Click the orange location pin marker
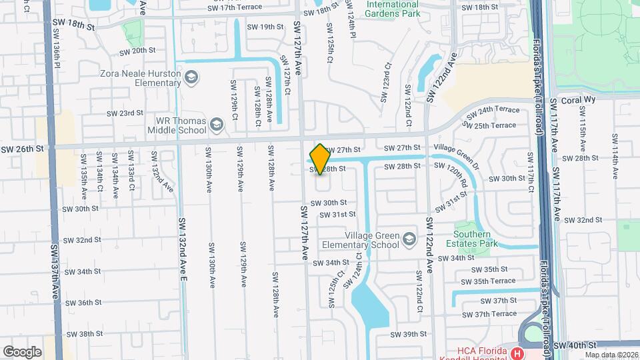pos(320,159)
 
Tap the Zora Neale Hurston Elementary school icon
pos(192,79)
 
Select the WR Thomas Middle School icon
pos(216,125)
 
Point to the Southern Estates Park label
pos(476,239)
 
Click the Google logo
pos(22,351)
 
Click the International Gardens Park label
pos(392,9)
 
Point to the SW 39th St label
pos(408,334)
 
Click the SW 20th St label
pos(137,51)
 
